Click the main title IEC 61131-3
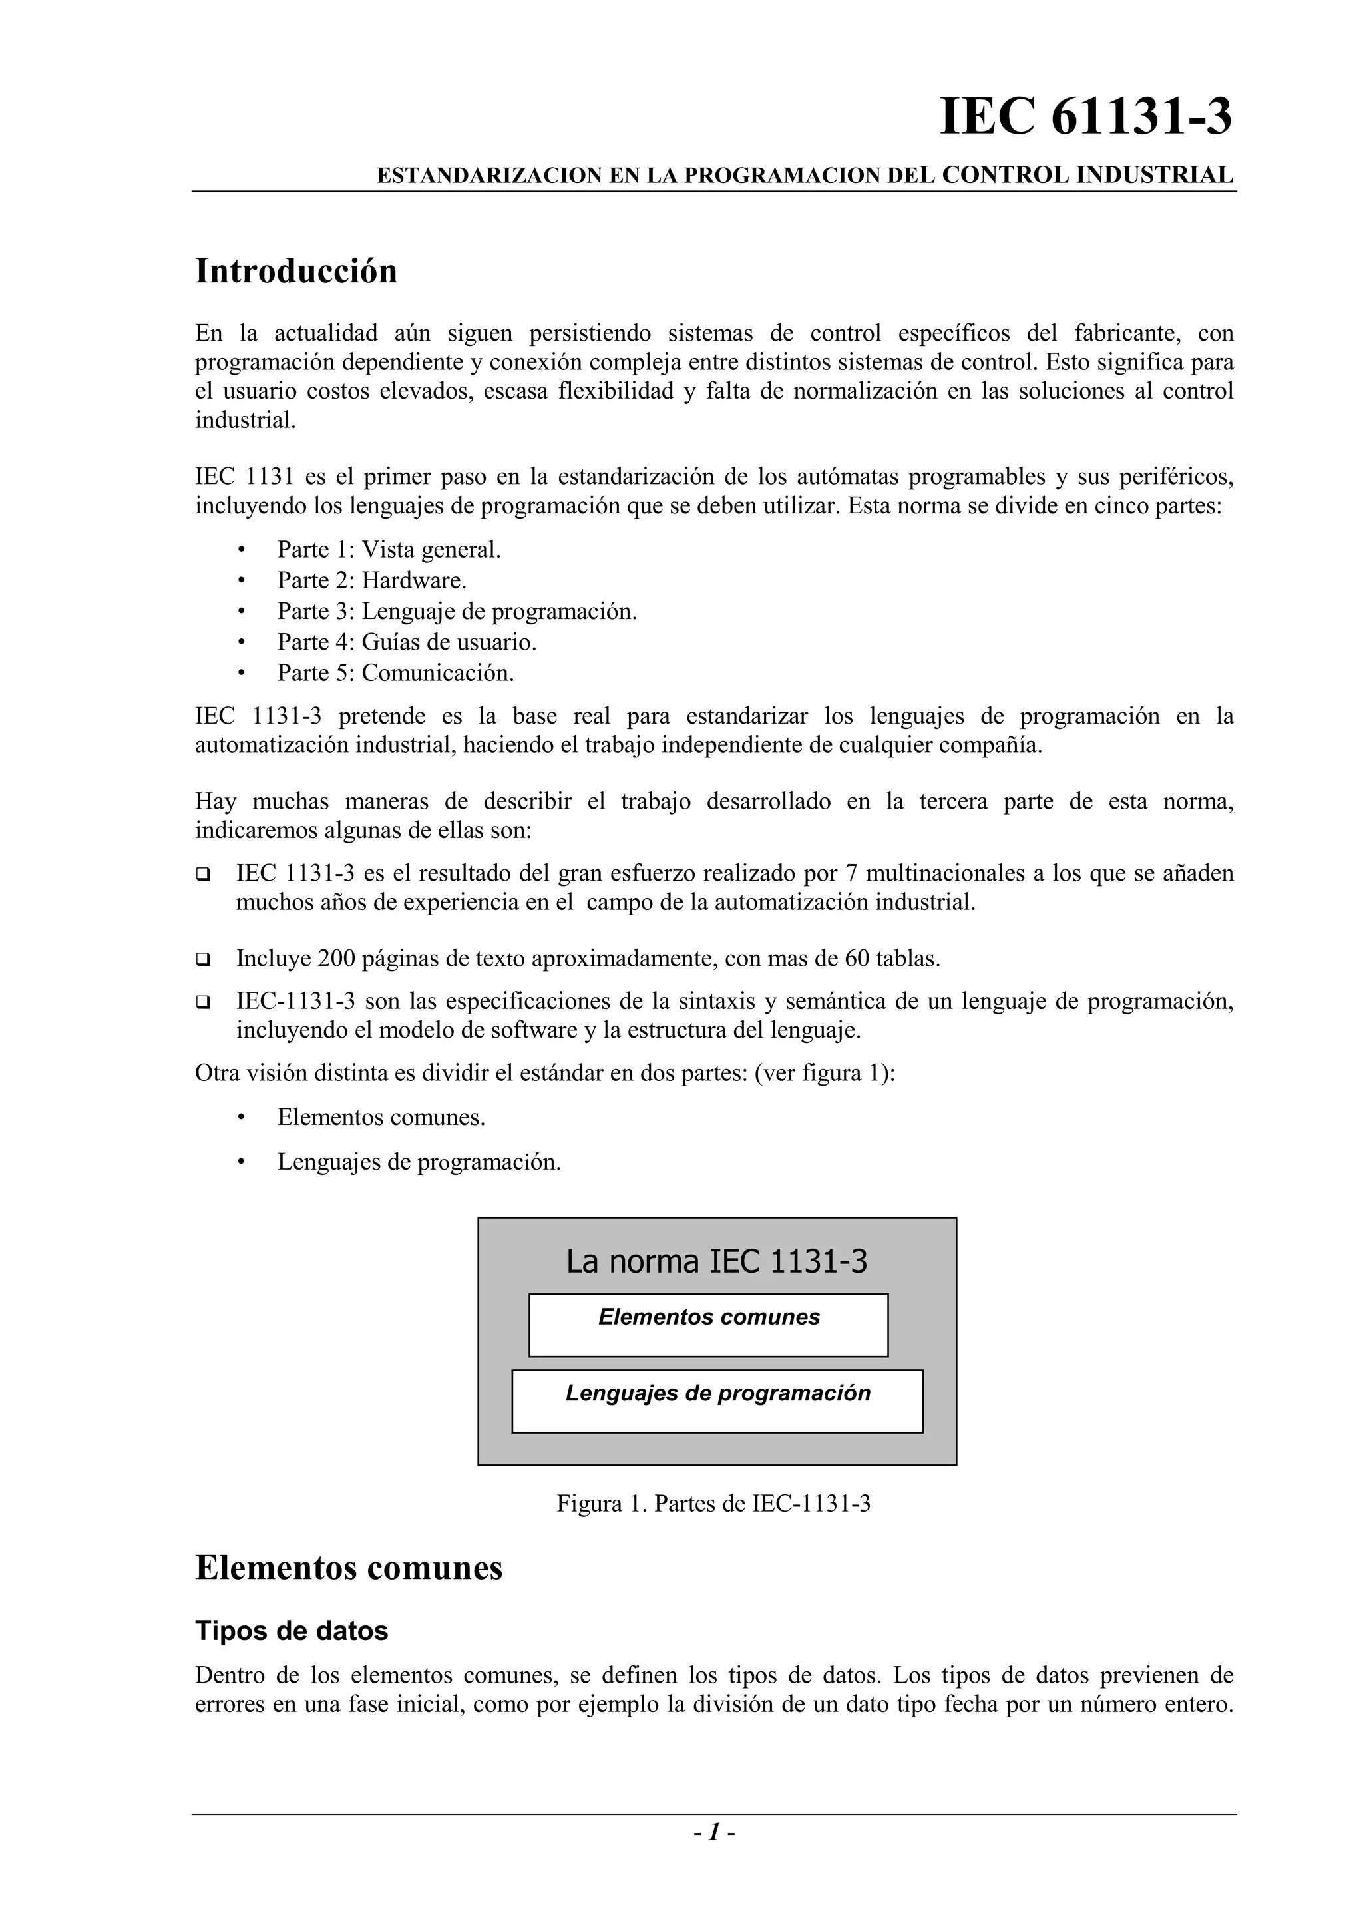(1085, 118)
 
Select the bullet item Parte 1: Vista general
(389, 550)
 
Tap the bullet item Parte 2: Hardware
(372, 580)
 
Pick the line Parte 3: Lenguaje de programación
(457, 612)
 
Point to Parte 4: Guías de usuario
(407, 643)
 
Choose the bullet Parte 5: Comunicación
(395, 673)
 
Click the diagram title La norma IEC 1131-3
(716, 1262)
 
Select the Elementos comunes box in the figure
(709, 1325)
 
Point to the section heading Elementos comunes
(349, 1568)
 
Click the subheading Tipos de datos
(292, 1631)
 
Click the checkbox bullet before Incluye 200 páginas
(202, 959)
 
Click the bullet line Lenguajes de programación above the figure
(419, 1162)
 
